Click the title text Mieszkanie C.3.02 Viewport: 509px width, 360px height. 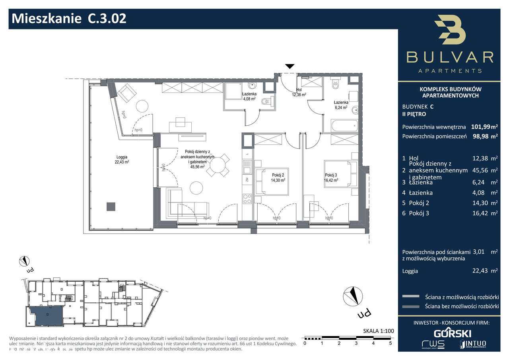[x=70, y=19]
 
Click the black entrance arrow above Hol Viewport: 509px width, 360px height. [x=290, y=66]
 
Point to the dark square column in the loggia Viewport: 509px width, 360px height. [x=111, y=206]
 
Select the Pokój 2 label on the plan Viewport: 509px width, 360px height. [x=278, y=177]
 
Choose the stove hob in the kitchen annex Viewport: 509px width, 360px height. [x=247, y=198]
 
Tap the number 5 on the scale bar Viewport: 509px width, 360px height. [x=390, y=343]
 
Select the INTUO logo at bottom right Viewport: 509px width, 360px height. [x=473, y=344]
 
